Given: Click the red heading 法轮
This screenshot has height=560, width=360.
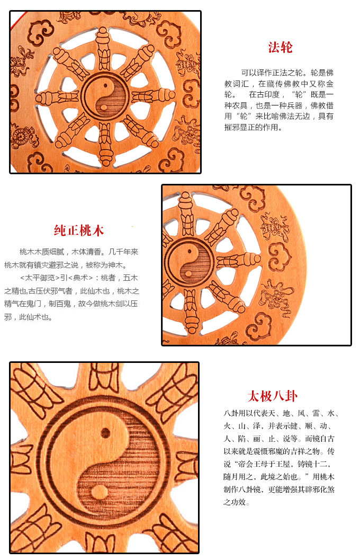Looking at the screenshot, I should (280, 47).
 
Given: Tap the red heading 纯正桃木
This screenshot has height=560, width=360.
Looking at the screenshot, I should (79, 230).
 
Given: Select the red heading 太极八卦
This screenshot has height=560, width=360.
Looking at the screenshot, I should (272, 396).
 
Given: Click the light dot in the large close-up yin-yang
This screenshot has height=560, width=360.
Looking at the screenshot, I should (96, 491).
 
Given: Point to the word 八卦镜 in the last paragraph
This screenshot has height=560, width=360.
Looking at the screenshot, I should (248, 490).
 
